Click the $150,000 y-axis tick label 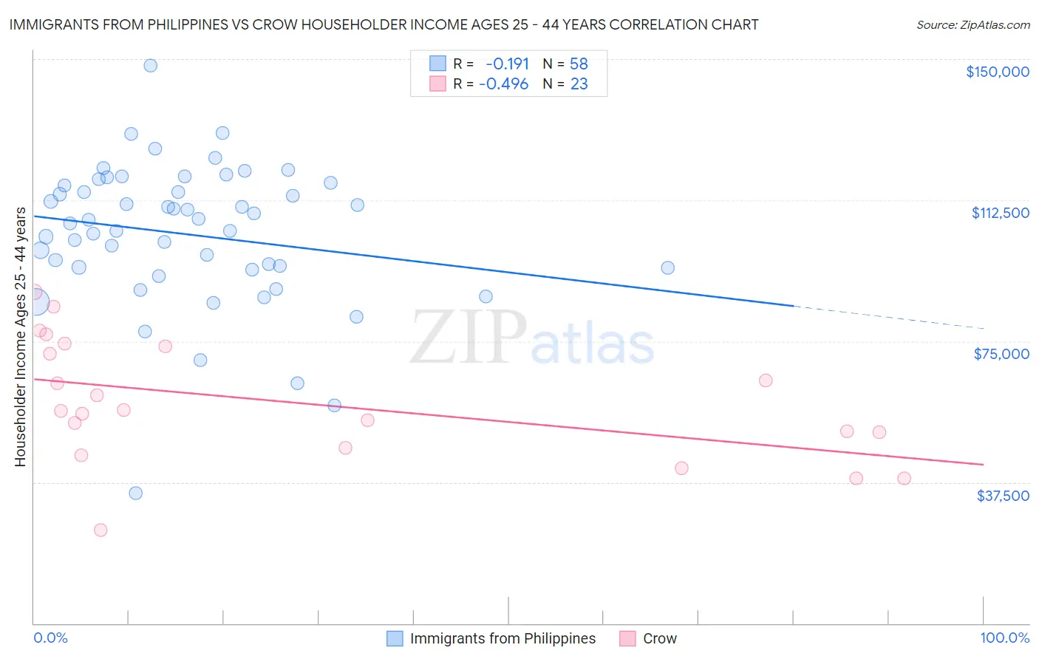pos(997,72)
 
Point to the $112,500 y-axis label pos(1000,213)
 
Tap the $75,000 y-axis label pos(1001,354)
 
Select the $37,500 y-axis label pos(1003,496)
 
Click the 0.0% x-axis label pos(50,638)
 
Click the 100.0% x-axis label pos(1004,638)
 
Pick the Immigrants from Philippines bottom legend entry pos(503,638)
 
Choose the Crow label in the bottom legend pos(659,638)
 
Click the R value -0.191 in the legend pos(507,64)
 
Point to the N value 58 pos(579,64)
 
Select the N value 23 pos(579,84)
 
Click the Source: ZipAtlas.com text pos(972,25)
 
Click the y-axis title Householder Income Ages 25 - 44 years pos(20,337)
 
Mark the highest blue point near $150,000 pos(150,65)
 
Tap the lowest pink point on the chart pos(101,530)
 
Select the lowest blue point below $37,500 pos(135,493)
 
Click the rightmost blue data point pos(667,267)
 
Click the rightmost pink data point pos(904,478)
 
